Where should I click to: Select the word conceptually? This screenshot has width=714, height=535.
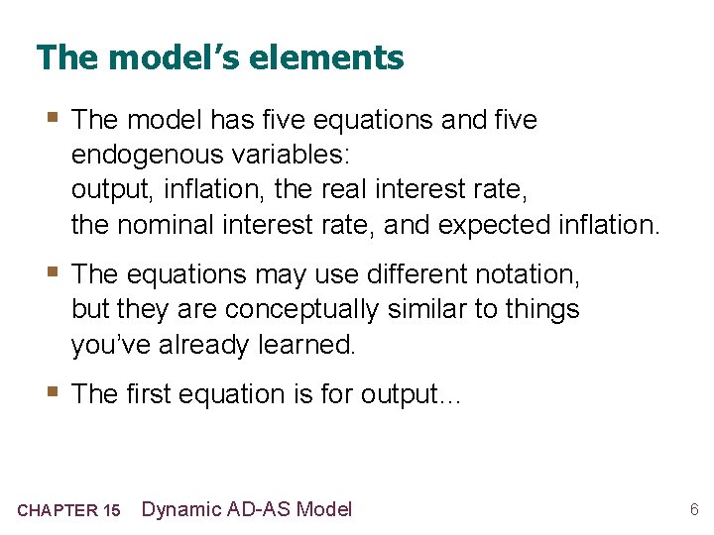(x=301, y=309)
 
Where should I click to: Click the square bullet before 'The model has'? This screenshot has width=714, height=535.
(x=51, y=120)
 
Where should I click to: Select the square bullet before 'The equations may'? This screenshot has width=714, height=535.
(x=51, y=272)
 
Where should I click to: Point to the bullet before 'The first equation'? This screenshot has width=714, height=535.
(x=51, y=393)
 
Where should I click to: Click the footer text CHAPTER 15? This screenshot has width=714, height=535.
(x=68, y=511)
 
